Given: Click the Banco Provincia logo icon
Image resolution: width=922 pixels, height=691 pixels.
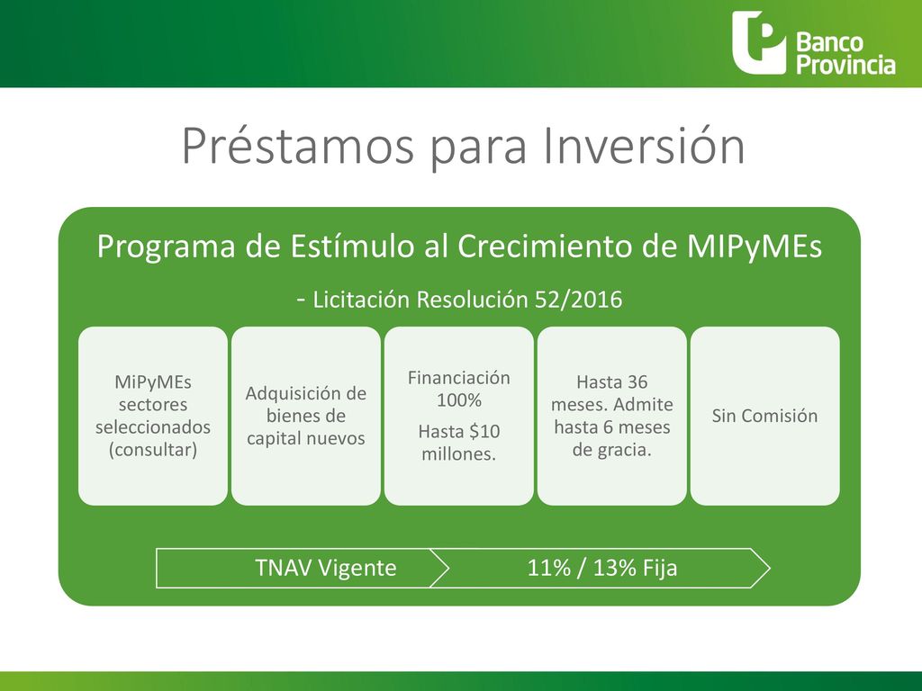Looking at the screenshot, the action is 758,43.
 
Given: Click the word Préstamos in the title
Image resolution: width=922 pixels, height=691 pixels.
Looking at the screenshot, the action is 298,146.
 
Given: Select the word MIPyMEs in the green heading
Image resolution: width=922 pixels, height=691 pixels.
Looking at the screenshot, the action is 755,247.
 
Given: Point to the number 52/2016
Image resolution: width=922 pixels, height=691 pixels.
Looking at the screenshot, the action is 578,300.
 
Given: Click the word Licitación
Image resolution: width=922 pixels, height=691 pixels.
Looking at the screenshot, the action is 361,300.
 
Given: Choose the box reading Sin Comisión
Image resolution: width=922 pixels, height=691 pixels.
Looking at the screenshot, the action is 765,416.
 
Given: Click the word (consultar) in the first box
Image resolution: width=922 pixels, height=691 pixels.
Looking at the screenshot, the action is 153,450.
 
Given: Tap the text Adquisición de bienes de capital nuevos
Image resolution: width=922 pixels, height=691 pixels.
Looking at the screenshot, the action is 306,416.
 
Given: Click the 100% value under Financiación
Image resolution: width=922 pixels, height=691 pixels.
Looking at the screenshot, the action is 458,400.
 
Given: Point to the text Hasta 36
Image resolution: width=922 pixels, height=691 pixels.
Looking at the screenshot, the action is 611,381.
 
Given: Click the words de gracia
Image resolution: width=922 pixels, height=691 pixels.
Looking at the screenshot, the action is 611,450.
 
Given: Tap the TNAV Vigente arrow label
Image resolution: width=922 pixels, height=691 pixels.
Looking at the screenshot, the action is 326,569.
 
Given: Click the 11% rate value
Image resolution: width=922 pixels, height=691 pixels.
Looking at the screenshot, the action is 549,569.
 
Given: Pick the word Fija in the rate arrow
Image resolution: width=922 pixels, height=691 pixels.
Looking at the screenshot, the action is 659,569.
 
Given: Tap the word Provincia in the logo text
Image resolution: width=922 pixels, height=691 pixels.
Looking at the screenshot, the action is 845,65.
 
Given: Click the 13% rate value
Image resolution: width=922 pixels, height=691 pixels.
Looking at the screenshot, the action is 614,569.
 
